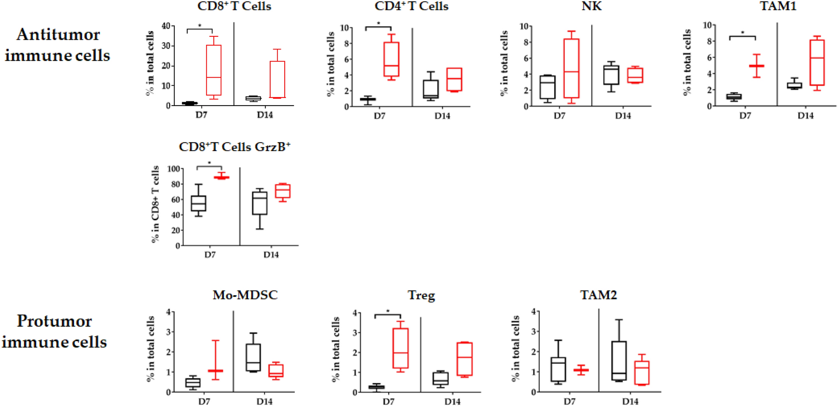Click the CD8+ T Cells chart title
pyautogui.click(x=234, y=6)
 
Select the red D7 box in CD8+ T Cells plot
pyautogui.click(x=214, y=70)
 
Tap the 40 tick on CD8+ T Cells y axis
pyautogui.click(x=166, y=26)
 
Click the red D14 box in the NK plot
pyautogui.click(x=635, y=75)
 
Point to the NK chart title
pyautogui.click(x=591, y=6)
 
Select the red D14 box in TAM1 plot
pyautogui.click(x=817, y=62)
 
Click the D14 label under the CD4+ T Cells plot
pyautogui.click(x=442, y=116)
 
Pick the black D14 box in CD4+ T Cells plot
pyautogui.click(x=430, y=89)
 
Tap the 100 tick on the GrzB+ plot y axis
pyautogui.click(x=173, y=169)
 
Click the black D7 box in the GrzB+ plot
pyautogui.click(x=199, y=203)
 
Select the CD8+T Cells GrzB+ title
pyautogui.click(x=234, y=147)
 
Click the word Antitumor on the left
pyautogui.click(x=58, y=35)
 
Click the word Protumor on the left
pyautogui.click(x=54, y=321)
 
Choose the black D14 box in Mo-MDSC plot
pyautogui.click(x=253, y=357)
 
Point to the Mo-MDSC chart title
pyautogui.click(x=245, y=295)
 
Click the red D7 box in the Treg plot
pyautogui.click(x=400, y=348)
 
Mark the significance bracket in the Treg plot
pyautogui.click(x=388, y=315)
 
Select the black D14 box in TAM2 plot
pyautogui.click(x=619, y=361)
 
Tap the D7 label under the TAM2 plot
pyautogui.click(x=569, y=401)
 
